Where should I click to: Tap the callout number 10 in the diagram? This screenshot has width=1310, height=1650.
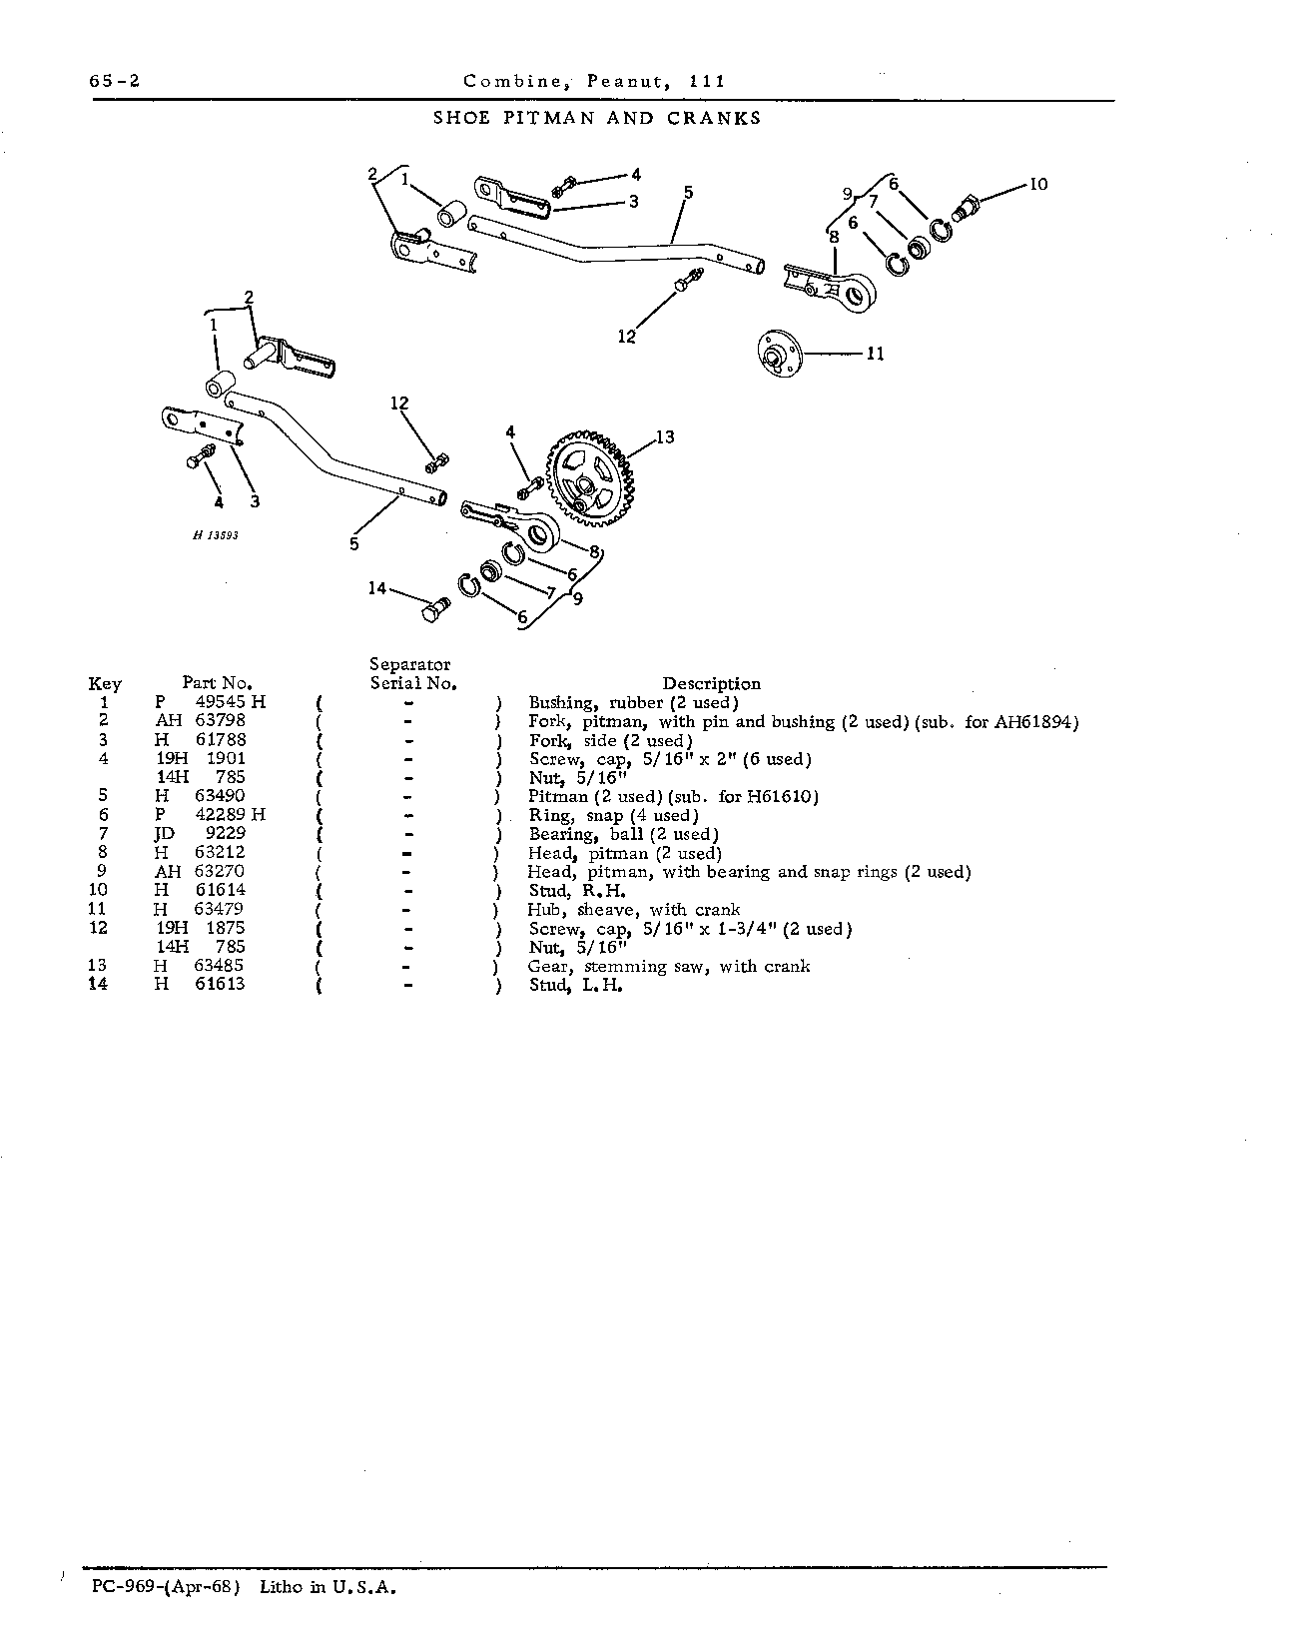pyautogui.click(x=1038, y=184)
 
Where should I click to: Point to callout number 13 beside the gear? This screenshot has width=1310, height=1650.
pyautogui.click(x=665, y=436)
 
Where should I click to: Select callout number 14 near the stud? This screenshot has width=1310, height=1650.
pyautogui.click(x=377, y=588)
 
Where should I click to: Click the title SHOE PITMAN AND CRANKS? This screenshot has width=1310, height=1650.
pyautogui.click(x=597, y=118)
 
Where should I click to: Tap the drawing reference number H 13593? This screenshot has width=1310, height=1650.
pyautogui.click(x=217, y=535)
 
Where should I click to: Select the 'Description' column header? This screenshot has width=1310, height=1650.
pyautogui.click(x=711, y=684)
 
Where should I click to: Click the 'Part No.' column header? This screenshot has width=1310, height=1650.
pyautogui.click(x=218, y=683)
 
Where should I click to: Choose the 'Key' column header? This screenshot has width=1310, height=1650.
pyautogui.click(x=105, y=684)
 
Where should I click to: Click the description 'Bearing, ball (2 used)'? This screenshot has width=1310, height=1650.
pyautogui.click(x=623, y=834)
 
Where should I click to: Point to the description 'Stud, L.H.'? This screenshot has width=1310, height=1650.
pyautogui.click(x=576, y=985)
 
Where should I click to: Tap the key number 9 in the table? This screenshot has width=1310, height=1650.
pyautogui.click(x=104, y=871)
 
